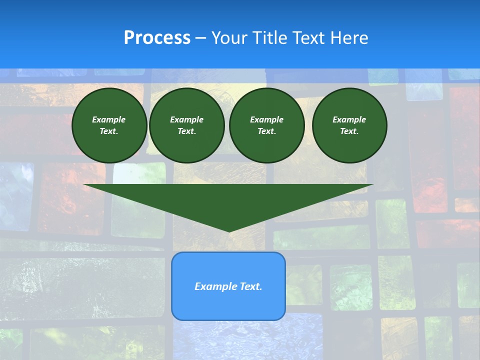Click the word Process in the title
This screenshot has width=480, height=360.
(x=157, y=38)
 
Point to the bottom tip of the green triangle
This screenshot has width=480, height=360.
(x=229, y=231)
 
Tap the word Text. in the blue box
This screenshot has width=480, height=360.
(x=250, y=286)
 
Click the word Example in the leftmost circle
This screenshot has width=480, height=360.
(x=109, y=119)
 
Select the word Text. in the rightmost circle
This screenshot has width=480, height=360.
(x=349, y=131)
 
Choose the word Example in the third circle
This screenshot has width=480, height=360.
(x=266, y=119)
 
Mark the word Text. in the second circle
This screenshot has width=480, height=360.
(x=186, y=131)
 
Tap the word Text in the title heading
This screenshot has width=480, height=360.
(x=308, y=38)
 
